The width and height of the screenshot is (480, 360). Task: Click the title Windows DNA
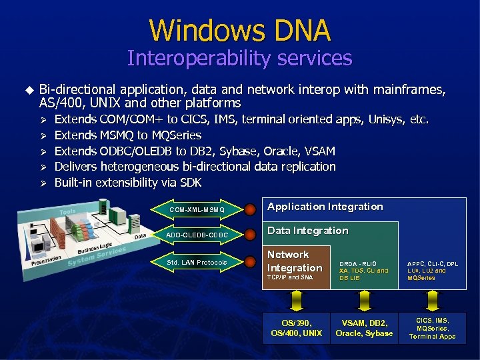pos(239,30)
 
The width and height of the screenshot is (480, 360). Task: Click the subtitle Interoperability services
pos(239,59)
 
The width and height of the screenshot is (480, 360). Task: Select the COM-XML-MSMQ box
pos(197,210)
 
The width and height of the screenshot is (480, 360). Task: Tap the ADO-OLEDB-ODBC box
pos(197,235)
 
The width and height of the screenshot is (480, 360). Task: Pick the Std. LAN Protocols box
pos(197,262)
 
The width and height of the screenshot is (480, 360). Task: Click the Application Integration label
pos(325,207)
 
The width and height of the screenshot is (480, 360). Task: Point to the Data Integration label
pos(308,231)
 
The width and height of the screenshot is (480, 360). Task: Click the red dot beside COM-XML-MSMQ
pos(250,210)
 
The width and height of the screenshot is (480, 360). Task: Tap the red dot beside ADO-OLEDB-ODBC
pos(250,235)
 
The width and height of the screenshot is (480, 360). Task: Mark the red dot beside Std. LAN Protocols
pos(250,262)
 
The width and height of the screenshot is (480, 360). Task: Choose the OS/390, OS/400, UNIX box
pos(297,328)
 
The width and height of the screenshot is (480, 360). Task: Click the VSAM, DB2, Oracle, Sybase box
pos(364,328)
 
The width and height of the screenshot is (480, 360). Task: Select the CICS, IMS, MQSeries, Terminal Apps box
pos(433,328)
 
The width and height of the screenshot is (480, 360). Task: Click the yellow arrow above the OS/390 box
pos(297,300)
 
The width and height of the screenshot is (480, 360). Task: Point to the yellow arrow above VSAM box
pos(364,300)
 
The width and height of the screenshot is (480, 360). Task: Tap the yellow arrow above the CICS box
pos(433,300)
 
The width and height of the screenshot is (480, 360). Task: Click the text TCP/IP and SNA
pos(290,277)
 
